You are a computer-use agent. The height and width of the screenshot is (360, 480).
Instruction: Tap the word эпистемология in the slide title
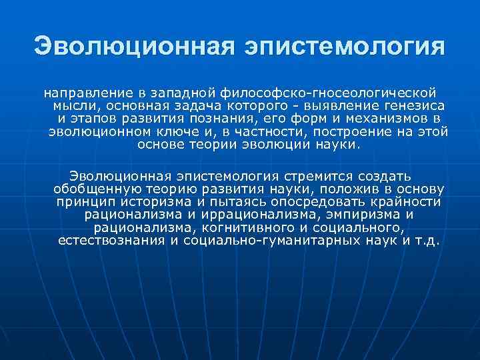(345, 47)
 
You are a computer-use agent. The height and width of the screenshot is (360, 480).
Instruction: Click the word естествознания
(111, 240)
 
